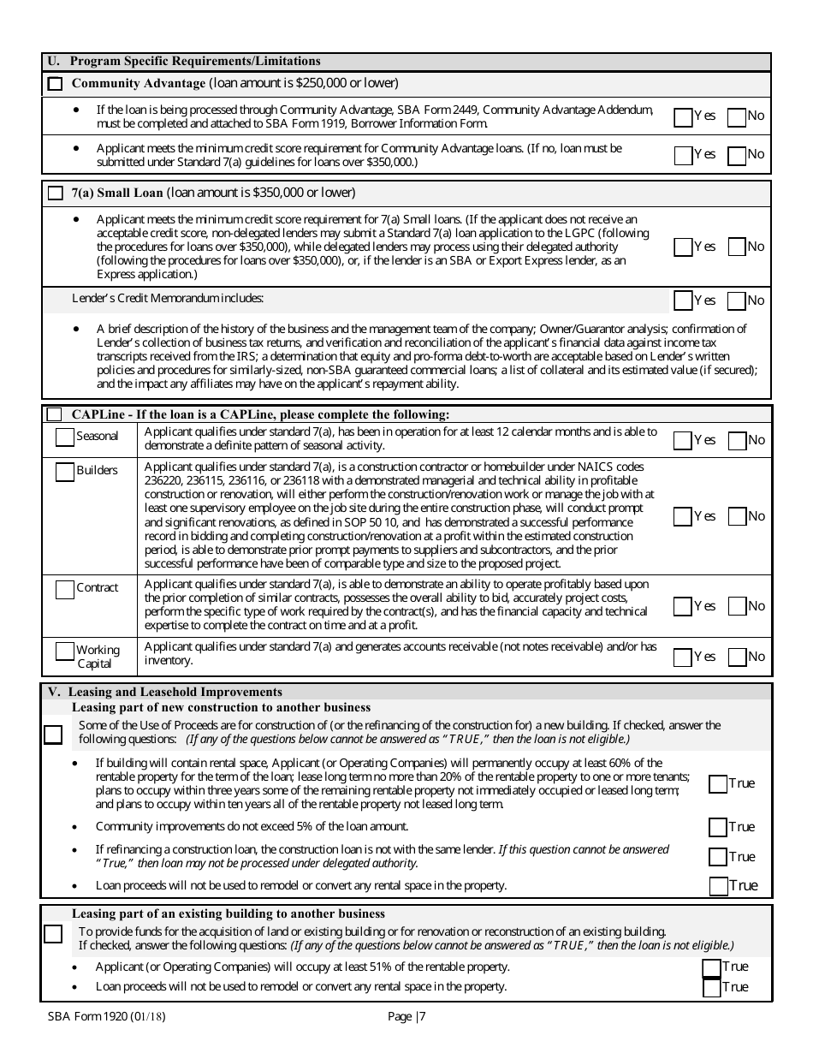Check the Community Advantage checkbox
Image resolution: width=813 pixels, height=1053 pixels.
[x=56, y=84]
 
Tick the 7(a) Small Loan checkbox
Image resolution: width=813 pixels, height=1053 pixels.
[x=56, y=193]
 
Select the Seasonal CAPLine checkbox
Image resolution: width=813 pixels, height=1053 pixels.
[x=65, y=437]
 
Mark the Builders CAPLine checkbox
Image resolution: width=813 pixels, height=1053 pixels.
[x=65, y=472]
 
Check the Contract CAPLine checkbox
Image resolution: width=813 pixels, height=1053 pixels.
[x=65, y=589]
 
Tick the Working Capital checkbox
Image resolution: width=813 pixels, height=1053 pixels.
[x=65, y=651]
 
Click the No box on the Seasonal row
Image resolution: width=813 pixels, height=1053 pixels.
[x=737, y=440]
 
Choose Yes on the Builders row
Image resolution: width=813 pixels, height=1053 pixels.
[x=683, y=516]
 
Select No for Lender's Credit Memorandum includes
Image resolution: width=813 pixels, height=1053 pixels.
[x=737, y=300]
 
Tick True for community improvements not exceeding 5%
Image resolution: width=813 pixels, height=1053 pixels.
[x=718, y=827]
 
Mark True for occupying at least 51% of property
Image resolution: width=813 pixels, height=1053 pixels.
[x=711, y=967]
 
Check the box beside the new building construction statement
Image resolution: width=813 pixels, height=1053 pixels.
[x=53, y=735]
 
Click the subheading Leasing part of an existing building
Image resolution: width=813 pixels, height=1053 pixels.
[x=228, y=914]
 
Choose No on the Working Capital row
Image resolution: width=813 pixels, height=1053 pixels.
[x=737, y=657]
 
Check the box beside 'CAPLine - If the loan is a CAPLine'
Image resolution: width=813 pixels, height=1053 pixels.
[x=55, y=414]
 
